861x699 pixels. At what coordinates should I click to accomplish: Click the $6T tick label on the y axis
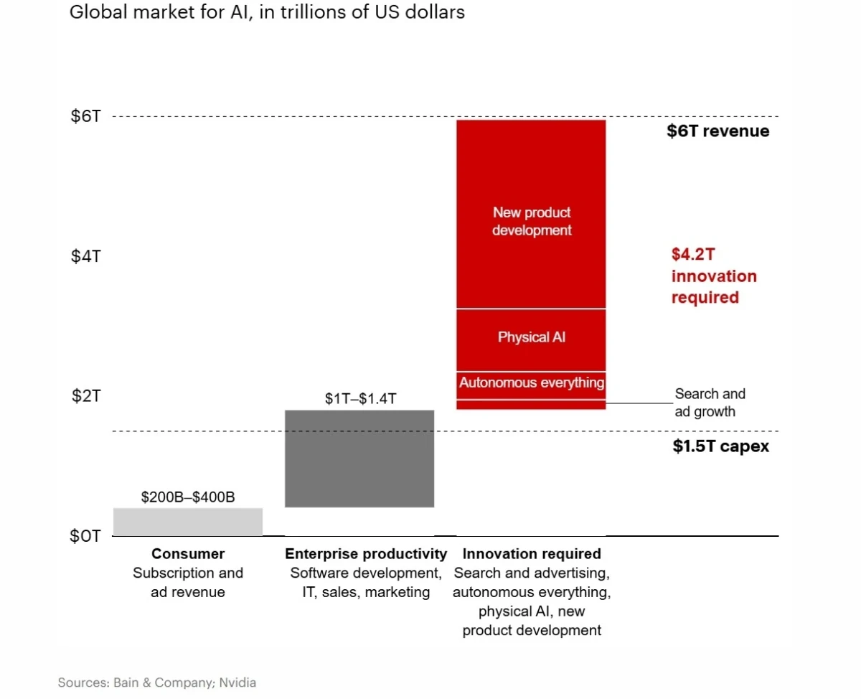85,116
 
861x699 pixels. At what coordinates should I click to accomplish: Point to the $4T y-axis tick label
85,256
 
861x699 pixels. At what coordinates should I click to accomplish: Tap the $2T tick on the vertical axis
86,396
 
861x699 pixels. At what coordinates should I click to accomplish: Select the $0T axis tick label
85,535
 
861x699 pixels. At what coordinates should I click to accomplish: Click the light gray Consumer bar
188,522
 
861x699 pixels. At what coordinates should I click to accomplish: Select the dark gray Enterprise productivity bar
359,459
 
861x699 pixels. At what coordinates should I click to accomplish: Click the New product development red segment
531,215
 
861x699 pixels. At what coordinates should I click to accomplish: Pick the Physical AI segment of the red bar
531,340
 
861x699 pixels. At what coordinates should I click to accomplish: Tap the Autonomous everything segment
531,385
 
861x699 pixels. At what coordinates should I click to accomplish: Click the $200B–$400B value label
188,497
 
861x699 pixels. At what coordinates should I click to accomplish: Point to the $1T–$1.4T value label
361,398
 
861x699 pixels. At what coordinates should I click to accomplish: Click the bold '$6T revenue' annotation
718,131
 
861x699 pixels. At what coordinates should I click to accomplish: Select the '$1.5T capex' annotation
721,446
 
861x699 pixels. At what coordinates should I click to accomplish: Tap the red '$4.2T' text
693,254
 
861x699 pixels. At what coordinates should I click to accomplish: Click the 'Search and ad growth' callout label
710,403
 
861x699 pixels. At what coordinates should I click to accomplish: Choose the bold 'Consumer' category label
188,553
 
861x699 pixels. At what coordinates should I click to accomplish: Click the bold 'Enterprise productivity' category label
366,553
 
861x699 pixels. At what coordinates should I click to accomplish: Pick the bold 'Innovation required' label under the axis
532,553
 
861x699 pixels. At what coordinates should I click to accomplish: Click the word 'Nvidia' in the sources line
237,682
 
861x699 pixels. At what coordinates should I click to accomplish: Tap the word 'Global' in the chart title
98,11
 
